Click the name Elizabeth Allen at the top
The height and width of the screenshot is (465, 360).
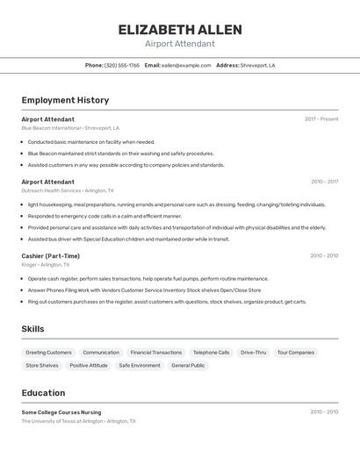point(180,30)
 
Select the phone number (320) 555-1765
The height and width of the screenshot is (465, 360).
point(122,66)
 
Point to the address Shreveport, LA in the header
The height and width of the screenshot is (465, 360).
point(258,66)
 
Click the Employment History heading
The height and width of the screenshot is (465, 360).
point(65,100)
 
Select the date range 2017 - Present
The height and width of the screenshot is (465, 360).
point(321,119)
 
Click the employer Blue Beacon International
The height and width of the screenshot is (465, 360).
point(51,128)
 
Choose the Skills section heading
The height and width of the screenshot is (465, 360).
point(33,329)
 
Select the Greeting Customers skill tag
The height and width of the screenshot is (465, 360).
point(48,353)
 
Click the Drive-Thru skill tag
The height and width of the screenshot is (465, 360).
point(253,353)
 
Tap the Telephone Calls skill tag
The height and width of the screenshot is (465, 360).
point(211,353)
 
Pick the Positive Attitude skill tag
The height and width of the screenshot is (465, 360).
point(89,365)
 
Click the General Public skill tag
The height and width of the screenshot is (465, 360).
point(188,365)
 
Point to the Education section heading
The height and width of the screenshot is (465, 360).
point(44,393)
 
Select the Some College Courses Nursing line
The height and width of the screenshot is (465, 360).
point(61,412)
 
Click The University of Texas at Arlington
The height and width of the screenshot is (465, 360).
point(62,421)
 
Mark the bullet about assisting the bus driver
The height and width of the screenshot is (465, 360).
point(128,239)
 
